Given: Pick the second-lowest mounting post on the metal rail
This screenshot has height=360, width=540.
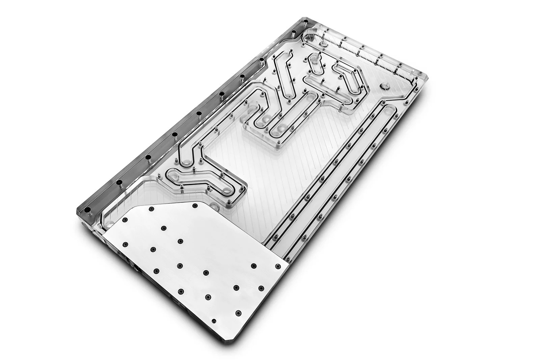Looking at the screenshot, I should point(119,183).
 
